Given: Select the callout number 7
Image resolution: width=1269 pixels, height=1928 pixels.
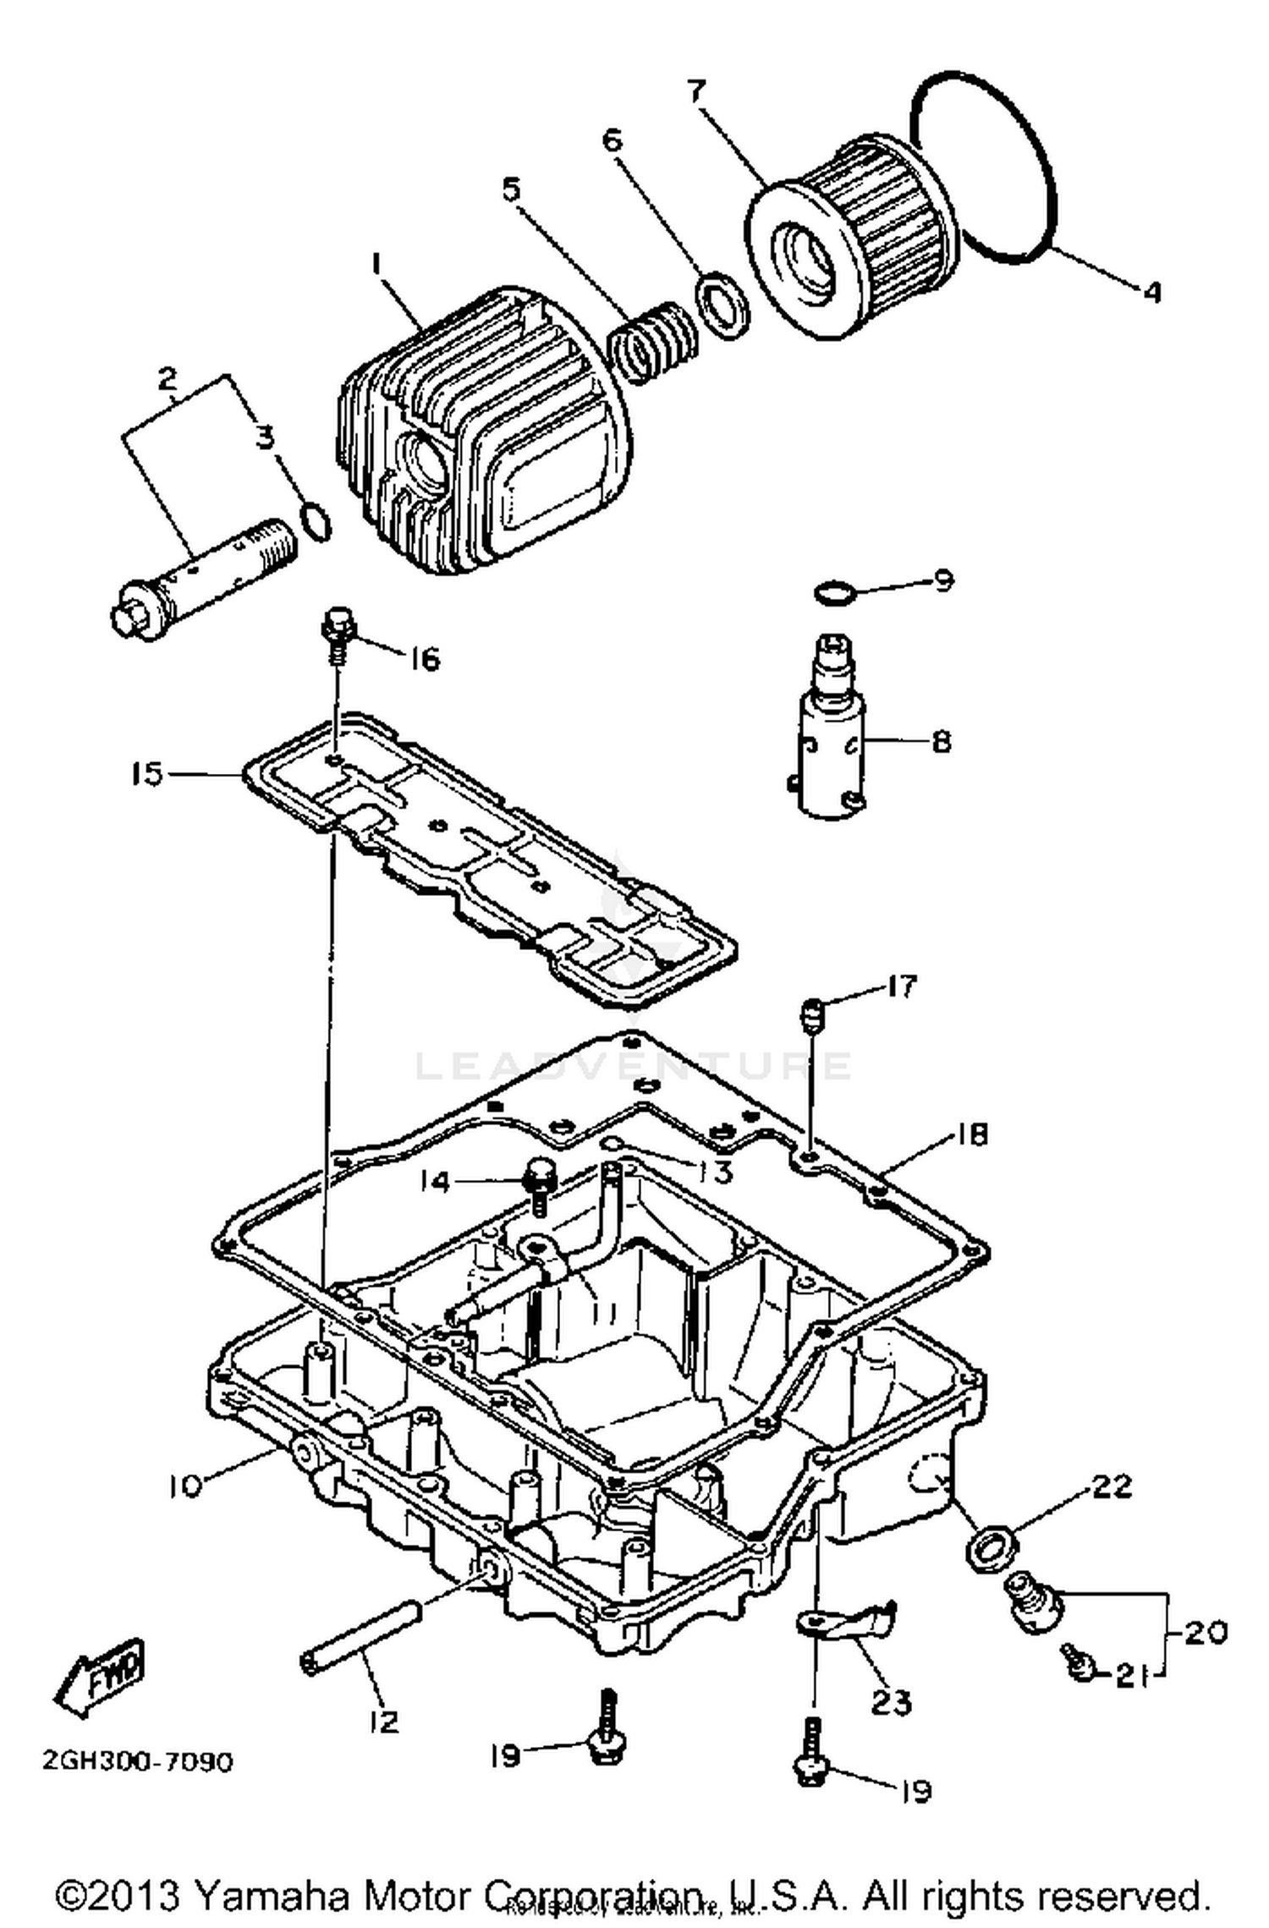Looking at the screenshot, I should pos(696,90).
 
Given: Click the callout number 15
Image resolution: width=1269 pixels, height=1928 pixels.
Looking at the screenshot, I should pos(146,774).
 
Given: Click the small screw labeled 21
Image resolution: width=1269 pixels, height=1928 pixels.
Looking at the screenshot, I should pos(1076,1664).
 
